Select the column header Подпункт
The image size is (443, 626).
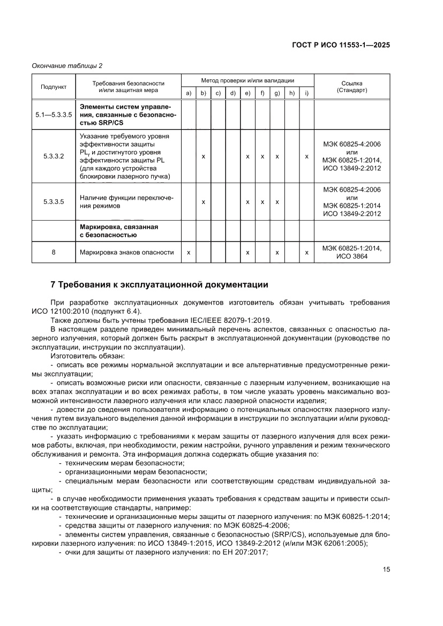(54, 87)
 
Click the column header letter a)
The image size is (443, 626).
(189, 94)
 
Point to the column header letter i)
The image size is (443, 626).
(306, 94)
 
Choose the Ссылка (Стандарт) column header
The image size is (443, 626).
(351, 87)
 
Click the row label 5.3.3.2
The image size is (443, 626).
(54, 156)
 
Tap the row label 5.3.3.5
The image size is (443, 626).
(54, 202)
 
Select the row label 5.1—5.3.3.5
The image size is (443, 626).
(54, 115)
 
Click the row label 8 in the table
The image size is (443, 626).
(54, 252)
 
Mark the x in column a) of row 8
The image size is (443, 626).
(189, 252)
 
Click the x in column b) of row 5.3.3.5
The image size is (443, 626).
(204, 202)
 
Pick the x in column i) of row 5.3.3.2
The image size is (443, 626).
(306, 156)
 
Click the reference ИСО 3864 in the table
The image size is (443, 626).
(351, 256)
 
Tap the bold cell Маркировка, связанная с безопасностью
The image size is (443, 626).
(119, 231)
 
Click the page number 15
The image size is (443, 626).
(386, 569)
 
